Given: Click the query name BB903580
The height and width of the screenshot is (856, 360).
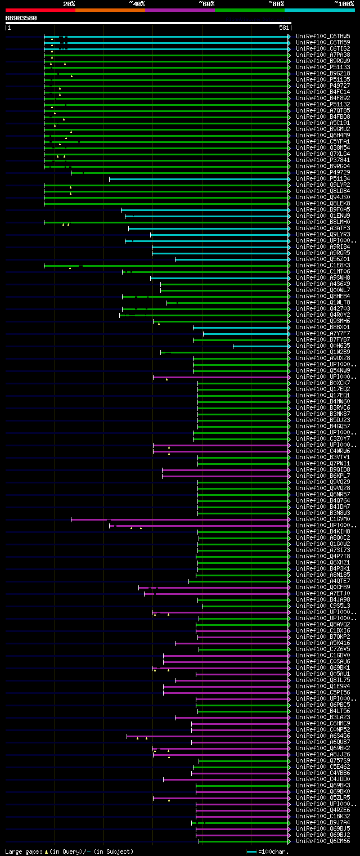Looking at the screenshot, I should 21,18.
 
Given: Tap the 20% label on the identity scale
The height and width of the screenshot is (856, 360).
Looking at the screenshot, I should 69,4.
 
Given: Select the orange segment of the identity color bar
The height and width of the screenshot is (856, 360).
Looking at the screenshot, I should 110,10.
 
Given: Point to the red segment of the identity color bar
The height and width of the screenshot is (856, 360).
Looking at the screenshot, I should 40,10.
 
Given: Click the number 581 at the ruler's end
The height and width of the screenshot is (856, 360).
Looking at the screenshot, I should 283,28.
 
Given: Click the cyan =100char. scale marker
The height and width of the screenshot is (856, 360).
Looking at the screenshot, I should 251,851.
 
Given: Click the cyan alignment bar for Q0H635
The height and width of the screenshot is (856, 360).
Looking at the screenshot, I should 261,346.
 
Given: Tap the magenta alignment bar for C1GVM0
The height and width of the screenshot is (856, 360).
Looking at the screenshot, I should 180,519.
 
